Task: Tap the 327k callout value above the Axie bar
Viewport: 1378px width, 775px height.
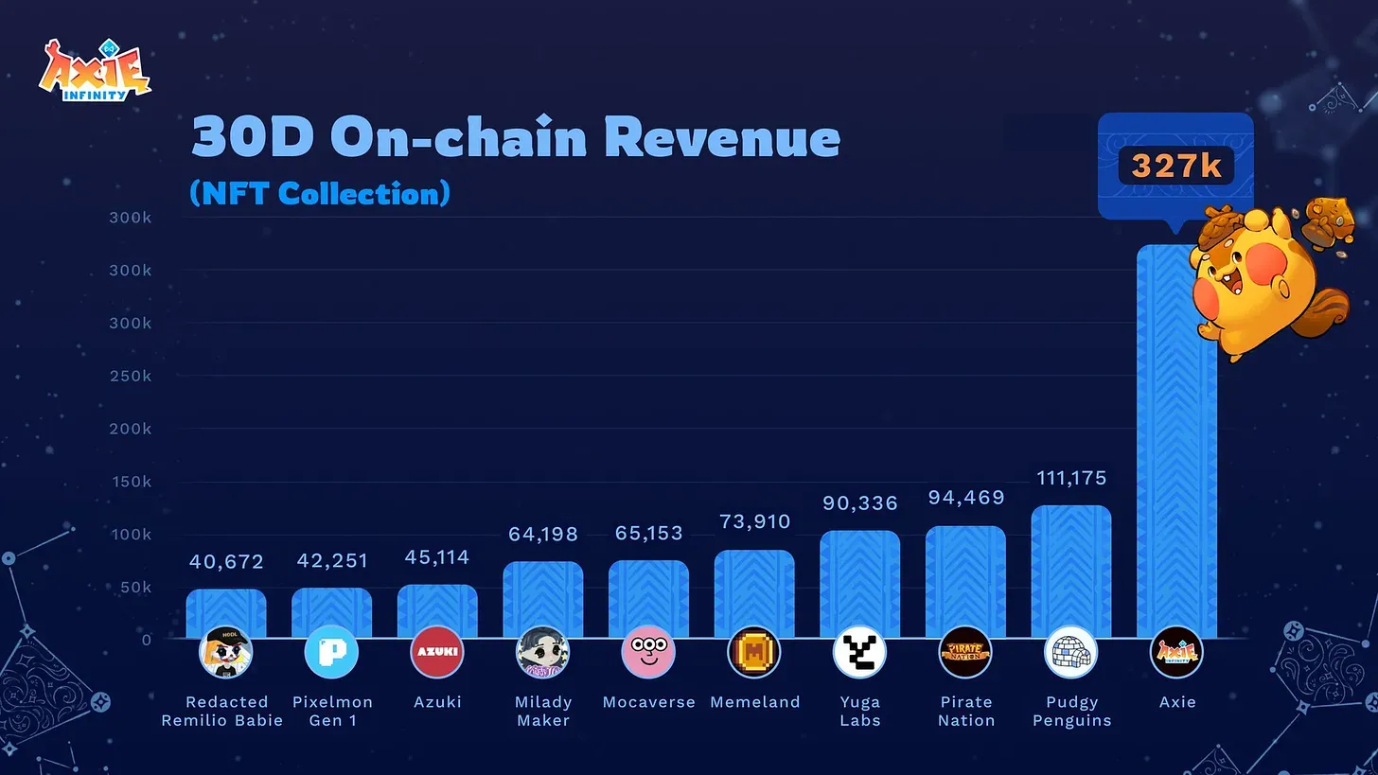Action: (x=1175, y=167)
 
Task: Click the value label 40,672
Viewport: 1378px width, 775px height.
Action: (x=226, y=562)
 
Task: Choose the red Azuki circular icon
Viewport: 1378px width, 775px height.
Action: (x=437, y=652)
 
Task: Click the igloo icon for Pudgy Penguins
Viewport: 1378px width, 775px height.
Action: (x=1070, y=652)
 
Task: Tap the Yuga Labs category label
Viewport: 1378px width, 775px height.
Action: (x=859, y=711)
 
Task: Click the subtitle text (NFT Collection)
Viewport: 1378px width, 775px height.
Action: (x=320, y=193)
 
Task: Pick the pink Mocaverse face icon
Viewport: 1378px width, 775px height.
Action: (x=648, y=652)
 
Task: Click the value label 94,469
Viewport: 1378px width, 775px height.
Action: (x=965, y=498)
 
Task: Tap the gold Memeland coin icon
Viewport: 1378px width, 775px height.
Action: (x=754, y=652)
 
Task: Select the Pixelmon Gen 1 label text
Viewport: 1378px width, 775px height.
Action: (x=331, y=711)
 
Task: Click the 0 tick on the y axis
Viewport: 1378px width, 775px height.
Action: (x=146, y=640)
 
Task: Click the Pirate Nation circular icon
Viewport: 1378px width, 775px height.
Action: (x=965, y=652)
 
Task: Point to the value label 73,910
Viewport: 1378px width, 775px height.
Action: (x=754, y=521)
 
